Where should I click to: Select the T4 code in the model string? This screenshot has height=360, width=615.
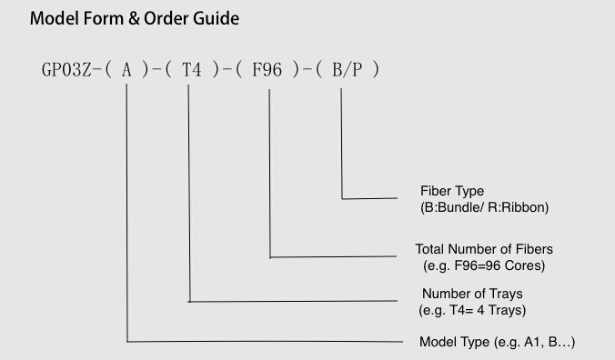[x=192, y=68]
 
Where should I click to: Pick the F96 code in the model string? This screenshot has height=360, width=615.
[x=270, y=68]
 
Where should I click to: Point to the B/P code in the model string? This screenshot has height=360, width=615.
[x=346, y=68]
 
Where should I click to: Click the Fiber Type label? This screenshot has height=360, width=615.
[x=446, y=192]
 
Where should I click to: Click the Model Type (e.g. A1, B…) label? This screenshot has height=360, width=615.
[x=498, y=342]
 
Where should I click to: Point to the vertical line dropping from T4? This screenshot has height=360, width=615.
[x=189, y=191]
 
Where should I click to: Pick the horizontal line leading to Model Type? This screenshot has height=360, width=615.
[x=264, y=342]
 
